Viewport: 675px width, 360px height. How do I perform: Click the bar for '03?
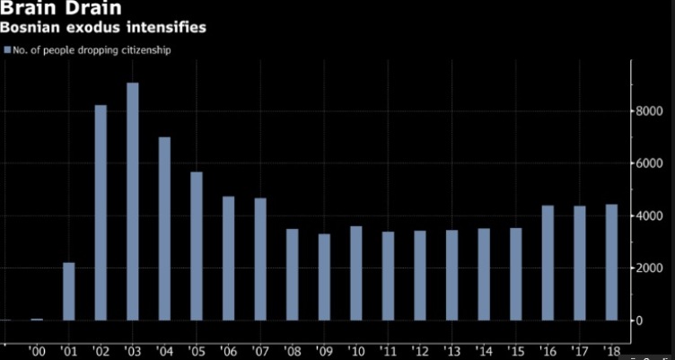pos(133,201)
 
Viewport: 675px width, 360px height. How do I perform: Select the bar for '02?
pos(101,212)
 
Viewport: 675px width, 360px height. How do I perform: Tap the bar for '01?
pos(69,291)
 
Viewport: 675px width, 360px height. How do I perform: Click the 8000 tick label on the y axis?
pos(650,110)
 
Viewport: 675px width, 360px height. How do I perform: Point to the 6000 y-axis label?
pos(650,163)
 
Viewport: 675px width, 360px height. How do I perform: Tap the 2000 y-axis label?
pos(650,268)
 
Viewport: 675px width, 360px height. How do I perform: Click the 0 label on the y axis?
pos(639,320)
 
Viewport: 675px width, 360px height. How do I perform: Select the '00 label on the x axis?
pos(38,350)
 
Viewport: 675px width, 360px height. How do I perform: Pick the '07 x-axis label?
pos(260,350)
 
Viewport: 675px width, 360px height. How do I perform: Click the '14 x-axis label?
pos(483,350)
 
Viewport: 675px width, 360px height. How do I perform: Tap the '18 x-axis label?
pos(611,350)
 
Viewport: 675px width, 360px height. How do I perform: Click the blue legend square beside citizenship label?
pos(8,50)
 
